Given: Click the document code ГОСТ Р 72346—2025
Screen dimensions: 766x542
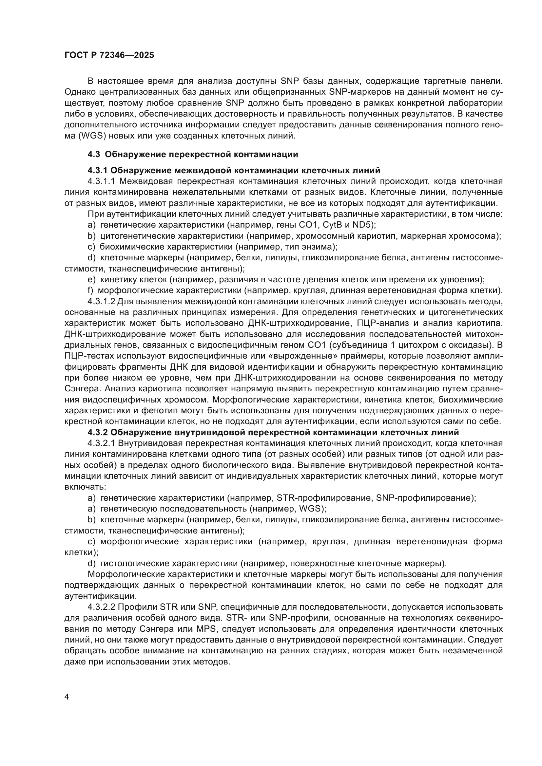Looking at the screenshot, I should coord(109,55).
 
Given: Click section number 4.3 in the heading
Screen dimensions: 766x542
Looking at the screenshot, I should coord(94,155).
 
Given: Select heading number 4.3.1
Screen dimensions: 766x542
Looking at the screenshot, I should coord(97,171).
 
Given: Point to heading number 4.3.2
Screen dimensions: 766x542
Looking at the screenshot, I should coord(97,432).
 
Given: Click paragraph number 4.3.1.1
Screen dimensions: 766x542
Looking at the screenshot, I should coord(102,181).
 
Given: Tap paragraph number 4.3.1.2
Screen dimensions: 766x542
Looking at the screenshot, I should coord(102,302).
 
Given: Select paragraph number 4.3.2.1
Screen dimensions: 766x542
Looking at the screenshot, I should coord(102,443).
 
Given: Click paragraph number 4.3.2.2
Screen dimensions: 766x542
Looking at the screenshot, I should coord(102,607).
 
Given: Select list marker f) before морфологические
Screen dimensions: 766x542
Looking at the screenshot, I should coord(90,290).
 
